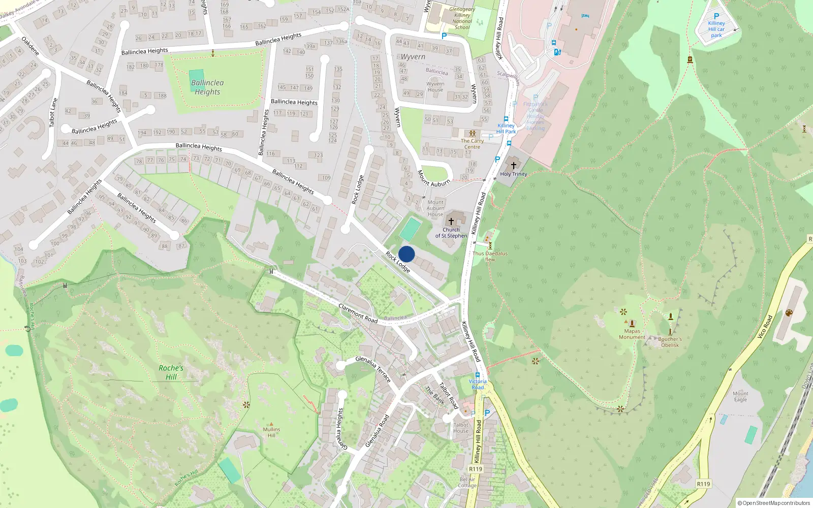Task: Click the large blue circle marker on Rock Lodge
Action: [x=407, y=254]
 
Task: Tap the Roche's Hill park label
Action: [x=171, y=372]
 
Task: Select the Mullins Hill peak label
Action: [x=271, y=432]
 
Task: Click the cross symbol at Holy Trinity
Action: [x=514, y=166]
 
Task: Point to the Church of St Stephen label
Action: [x=451, y=233]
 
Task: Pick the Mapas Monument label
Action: [x=632, y=334]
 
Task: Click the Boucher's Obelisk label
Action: [x=670, y=342]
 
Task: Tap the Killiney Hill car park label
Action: [x=716, y=29]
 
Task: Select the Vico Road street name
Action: [x=764, y=327]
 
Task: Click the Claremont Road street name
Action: [x=358, y=313]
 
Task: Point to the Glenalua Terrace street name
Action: [x=373, y=369]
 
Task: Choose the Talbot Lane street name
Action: [x=53, y=112]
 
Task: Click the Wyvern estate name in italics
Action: [x=413, y=57]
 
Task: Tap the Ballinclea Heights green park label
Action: [x=207, y=87]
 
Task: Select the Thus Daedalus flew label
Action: [x=490, y=257]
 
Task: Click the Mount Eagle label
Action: [x=740, y=397]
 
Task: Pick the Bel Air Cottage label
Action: [x=467, y=482]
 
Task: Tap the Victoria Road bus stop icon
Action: [x=478, y=375]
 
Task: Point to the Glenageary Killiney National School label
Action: [x=462, y=18]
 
